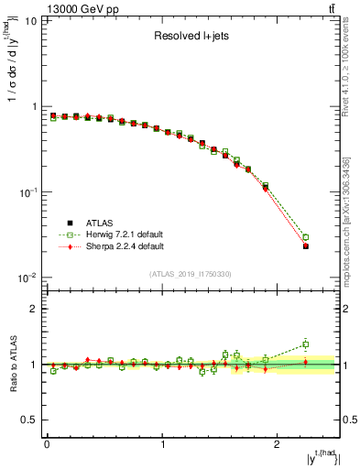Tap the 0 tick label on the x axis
pyautogui.click(x=47, y=443)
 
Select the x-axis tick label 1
pyautogui.click(x=163, y=443)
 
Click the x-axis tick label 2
pyautogui.click(x=279, y=443)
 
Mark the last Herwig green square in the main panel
pyautogui.click(x=306, y=236)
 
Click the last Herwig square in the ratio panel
pyautogui.click(x=306, y=344)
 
